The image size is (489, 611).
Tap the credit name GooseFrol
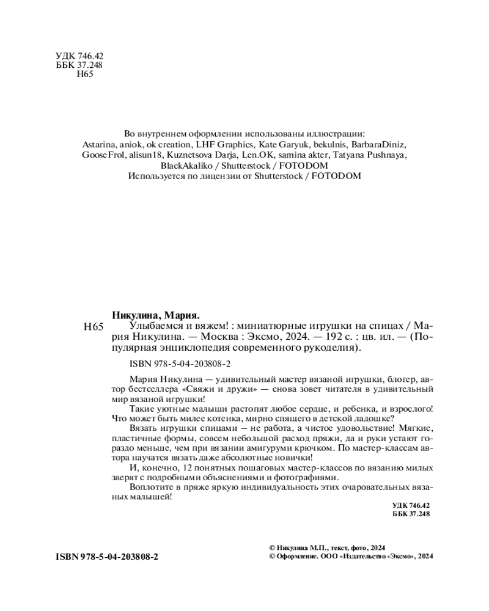103,155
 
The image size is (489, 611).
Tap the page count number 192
330,338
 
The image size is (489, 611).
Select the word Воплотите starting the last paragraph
150,488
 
